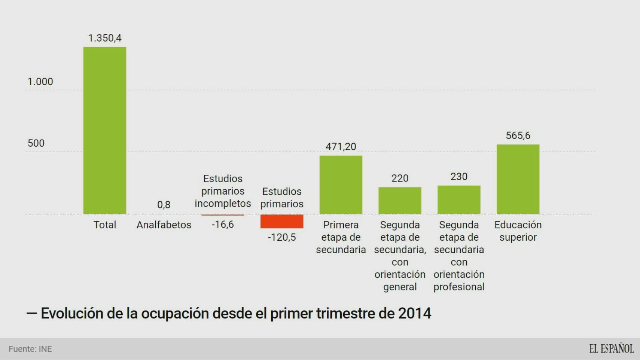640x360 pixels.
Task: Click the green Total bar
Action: [x=105, y=130]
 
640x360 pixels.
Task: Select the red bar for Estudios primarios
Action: [x=282, y=221]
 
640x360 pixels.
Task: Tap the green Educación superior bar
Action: [x=518, y=179]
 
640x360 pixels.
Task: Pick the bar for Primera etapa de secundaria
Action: [x=341, y=184]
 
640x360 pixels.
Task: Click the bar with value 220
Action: [x=400, y=200]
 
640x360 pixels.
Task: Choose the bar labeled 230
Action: [x=459, y=199]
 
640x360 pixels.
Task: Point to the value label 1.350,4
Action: [x=105, y=38]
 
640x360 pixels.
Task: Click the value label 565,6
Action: [x=518, y=135]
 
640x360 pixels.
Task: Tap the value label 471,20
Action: [x=341, y=146]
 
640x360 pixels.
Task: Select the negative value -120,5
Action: [x=282, y=237]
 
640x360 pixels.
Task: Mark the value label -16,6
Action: [x=222, y=224]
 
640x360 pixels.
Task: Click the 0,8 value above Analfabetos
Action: [x=164, y=205]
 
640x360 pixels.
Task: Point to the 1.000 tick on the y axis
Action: [x=40, y=81]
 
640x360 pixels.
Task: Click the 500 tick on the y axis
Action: [x=36, y=143]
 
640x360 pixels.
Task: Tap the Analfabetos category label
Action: [x=164, y=225]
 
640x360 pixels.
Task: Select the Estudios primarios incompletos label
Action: [x=222, y=191]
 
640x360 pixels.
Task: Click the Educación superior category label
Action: [x=518, y=231]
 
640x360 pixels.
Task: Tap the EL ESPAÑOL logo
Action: [x=611, y=349]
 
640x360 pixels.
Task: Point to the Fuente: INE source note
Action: [x=30, y=349]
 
